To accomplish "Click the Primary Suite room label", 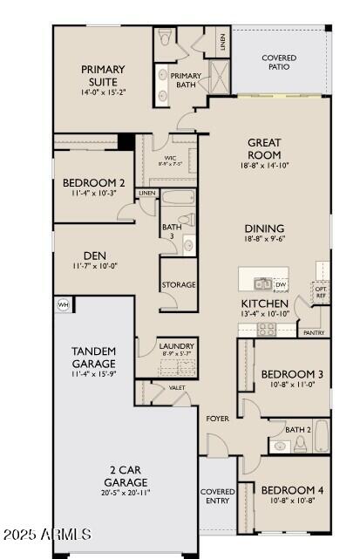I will (103, 75).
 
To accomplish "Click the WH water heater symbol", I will (63, 304).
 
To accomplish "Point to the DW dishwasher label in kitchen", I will (281, 284).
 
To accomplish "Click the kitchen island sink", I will (262, 283).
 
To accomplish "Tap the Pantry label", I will (312, 332).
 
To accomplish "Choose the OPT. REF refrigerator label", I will (322, 292).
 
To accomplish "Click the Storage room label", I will (178, 285).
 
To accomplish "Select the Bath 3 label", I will (172, 232).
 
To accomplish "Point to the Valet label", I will (177, 387).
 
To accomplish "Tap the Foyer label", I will (217, 419).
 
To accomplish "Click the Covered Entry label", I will (218, 496).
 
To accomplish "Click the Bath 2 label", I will (298, 429).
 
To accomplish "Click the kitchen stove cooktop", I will (266, 329).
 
